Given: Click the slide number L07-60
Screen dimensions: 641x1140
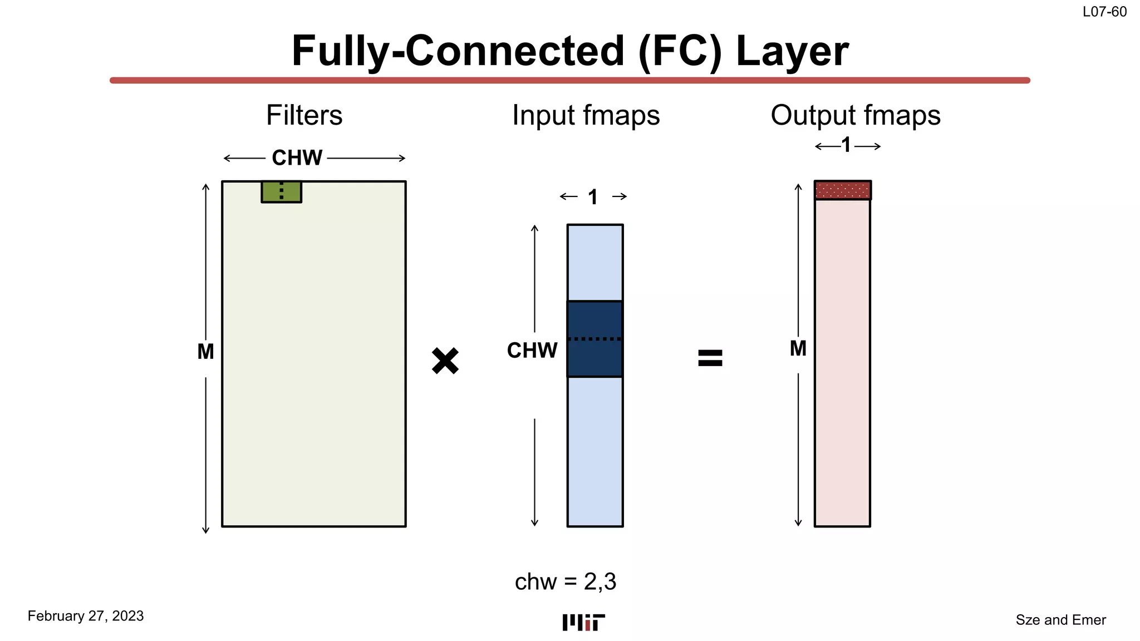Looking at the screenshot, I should coord(1104,12).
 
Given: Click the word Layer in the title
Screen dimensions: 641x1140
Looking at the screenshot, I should coord(792,51).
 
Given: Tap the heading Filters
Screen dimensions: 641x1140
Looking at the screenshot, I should coord(304,115).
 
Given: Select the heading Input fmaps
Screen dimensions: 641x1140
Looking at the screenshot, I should coord(586,115).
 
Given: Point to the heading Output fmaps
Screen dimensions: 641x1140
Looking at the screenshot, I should coord(856,115).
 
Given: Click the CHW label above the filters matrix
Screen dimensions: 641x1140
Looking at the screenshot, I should coord(297,158).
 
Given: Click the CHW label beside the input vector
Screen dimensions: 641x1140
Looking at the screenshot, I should coord(532,351).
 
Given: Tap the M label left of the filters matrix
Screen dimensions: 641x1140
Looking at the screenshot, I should coord(205,352).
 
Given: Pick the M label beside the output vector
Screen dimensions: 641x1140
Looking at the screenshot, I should coord(798,348).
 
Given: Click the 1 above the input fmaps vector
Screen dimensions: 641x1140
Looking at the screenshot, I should coord(593,197).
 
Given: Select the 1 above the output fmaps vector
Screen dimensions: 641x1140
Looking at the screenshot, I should coord(846,145).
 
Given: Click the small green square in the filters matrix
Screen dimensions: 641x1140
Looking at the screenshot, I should coord(282,191).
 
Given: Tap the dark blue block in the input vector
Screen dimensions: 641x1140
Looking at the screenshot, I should coord(594,339).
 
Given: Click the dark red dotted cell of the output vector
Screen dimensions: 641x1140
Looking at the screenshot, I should coord(842,190).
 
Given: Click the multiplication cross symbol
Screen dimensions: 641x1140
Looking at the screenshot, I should coord(445,361).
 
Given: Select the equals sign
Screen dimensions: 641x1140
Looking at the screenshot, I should coord(710,358).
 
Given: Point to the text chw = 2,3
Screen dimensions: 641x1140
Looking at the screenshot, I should coord(566,581).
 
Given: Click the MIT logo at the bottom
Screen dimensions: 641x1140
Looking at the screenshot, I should coord(583,623).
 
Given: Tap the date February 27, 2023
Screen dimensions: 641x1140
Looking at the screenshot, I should coord(86,616).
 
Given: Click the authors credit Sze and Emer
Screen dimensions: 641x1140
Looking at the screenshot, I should coord(1060,620).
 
